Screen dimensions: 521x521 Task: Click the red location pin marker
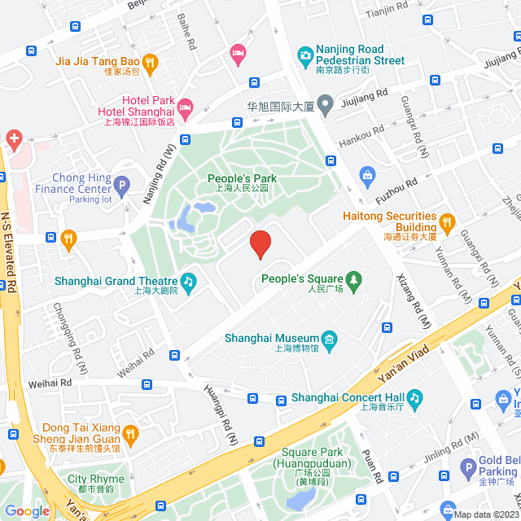(260, 244)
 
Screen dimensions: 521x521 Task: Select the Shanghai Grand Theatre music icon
(188, 282)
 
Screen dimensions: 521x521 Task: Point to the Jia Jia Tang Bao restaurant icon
(150, 61)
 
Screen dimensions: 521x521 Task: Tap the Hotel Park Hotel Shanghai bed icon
(186, 106)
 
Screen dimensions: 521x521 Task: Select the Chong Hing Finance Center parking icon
(121, 185)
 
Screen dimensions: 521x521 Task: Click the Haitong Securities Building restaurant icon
(446, 220)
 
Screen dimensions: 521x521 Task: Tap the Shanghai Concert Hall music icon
(414, 397)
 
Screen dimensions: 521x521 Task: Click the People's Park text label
(242, 178)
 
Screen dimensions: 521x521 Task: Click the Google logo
(27, 510)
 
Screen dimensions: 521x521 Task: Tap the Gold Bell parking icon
(467, 467)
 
